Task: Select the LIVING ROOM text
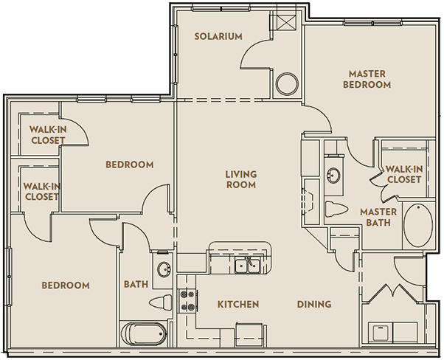coord(240,179)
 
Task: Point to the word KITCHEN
coord(237,304)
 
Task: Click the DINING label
coord(313,304)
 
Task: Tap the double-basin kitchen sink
coord(247,265)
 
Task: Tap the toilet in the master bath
coord(334,208)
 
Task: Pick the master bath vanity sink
coord(334,175)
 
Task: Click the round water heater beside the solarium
coord(286,84)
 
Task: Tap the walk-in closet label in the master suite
coord(403,174)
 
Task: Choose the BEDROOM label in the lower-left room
coord(65,285)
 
